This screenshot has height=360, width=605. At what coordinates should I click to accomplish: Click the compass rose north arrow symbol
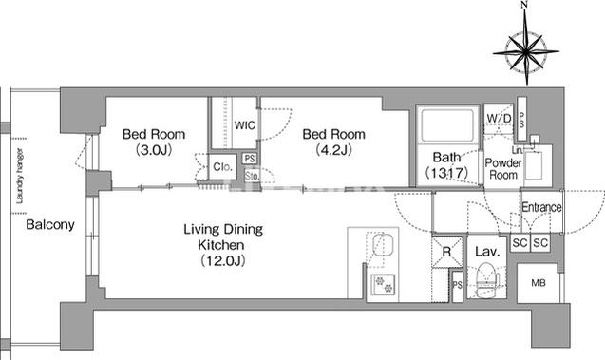tap(526, 51)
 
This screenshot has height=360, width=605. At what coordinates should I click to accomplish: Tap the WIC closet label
tap(245, 125)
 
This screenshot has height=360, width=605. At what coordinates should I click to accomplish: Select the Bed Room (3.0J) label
tap(154, 142)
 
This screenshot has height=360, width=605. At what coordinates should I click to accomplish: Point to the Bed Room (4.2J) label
tap(333, 142)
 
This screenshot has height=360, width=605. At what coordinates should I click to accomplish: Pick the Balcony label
tap(50, 224)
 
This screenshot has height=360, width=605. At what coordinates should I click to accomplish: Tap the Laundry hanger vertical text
tap(20, 176)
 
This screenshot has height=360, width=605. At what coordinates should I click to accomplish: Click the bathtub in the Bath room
tap(447, 125)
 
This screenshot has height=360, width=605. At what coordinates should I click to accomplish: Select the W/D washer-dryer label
tap(499, 118)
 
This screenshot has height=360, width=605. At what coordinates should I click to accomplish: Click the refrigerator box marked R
tap(446, 252)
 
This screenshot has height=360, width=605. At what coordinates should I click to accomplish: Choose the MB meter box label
tap(539, 283)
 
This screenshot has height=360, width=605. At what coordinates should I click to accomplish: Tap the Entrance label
tap(541, 207)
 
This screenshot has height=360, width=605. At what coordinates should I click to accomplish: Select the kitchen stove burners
tap(383, 284)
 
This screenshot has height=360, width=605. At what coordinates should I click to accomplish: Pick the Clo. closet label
tap(222, 167)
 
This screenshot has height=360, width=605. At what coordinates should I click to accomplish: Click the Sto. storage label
tap(252, 176)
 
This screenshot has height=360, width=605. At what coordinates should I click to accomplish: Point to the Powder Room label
tap(503, 169)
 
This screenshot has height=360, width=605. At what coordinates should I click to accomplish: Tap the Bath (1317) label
tap(446, 164)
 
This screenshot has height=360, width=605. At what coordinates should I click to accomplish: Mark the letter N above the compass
tap(524, 5)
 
